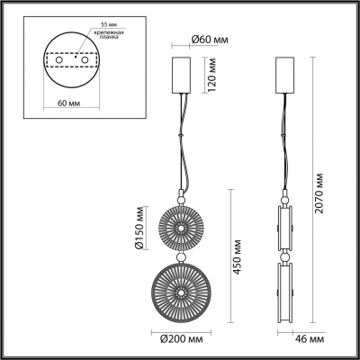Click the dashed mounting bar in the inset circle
tap(73, 60)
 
